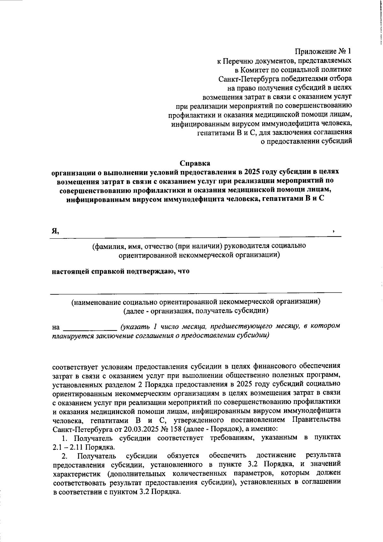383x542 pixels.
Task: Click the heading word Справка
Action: tap(195, 163)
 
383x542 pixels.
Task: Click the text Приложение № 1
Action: tap(323, 51)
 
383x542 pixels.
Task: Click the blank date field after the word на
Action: tap(90, 327)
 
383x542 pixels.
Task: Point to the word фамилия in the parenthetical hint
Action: tap(108, 246)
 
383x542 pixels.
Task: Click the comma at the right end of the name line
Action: tap(333, 231)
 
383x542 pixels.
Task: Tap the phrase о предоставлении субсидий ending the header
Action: tap(307, 141)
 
